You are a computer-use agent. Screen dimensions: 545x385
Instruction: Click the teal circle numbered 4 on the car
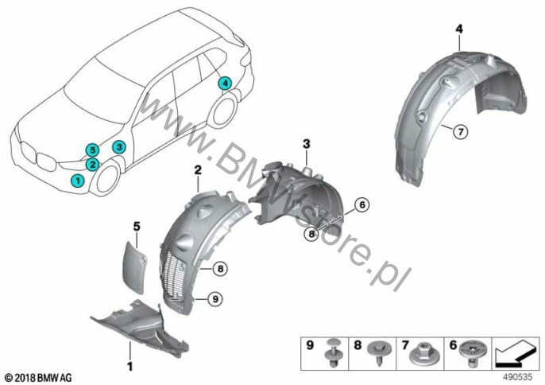pos(225,84)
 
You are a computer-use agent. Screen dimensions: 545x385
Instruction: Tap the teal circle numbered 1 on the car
pos(78,181)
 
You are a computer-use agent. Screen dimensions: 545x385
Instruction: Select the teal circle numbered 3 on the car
pos(119,147)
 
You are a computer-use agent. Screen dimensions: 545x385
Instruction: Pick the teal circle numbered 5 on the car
pos(92,150)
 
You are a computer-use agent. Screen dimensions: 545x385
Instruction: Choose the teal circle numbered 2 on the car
pos(92,164)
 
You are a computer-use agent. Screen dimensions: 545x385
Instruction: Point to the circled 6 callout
pos(362,205)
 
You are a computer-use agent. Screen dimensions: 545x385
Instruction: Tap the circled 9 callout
pos(215,298)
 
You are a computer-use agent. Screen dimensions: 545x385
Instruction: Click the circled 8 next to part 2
pos(220,269)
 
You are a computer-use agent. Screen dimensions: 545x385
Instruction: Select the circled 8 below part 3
pos(311,234)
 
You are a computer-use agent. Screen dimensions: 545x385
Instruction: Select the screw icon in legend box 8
pos(380,351)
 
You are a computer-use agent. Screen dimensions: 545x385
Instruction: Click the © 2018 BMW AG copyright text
pos(39,377)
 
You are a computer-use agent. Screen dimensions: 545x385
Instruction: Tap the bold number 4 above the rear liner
pos(459,29)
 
